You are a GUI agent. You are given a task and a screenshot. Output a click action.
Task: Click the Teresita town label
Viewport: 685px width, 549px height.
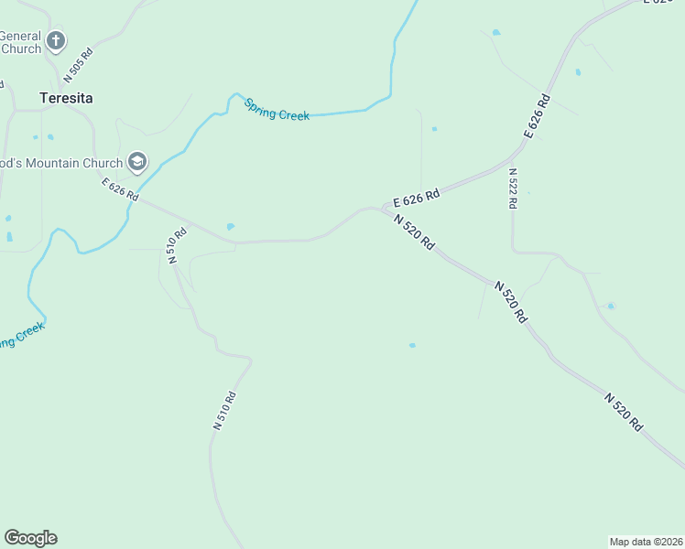pyautogui.click(x=66, y=97)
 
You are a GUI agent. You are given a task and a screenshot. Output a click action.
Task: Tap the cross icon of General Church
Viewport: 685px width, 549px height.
pyautogui.click(x=56, y=40)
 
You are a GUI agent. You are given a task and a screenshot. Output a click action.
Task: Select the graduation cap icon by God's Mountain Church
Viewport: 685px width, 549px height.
pyautogui.click(x=137, y=163)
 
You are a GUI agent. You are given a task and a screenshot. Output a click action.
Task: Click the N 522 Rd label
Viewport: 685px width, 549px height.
pyautogui.click(x=513, y=189)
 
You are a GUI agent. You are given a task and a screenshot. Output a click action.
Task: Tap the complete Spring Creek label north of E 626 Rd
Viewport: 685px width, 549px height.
pyautogui.click(x=277, y=110)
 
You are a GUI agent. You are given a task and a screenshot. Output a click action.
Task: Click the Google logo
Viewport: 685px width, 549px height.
pyautogui.click(x=30, y=538)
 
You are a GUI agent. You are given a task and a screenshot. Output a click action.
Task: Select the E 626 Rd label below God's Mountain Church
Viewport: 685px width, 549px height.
pyautogui.click(x=120, y=189)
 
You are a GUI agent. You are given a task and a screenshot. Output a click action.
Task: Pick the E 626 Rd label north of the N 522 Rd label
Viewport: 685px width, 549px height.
pyautogui.click(x=538, y=116)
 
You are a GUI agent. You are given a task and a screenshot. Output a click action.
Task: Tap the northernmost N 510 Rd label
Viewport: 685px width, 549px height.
pyautogui.click(x=177, y=245)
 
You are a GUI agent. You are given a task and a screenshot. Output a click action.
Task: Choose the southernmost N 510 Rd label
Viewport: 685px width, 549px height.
pyautogui.click(x=224, y=411)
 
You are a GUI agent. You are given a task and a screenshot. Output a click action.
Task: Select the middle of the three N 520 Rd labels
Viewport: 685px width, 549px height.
pyautogui.click(x=511, y=301)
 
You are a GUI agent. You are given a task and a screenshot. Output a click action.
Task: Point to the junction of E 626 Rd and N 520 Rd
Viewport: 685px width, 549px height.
pyautogui.click(x=383, y=210)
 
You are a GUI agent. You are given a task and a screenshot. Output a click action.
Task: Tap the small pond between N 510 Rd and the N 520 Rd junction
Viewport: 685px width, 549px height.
pyautogui.click(x=231, y=227)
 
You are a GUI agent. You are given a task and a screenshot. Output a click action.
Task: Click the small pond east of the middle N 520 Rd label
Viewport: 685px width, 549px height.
pyautogui.click(x=610, y=306)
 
